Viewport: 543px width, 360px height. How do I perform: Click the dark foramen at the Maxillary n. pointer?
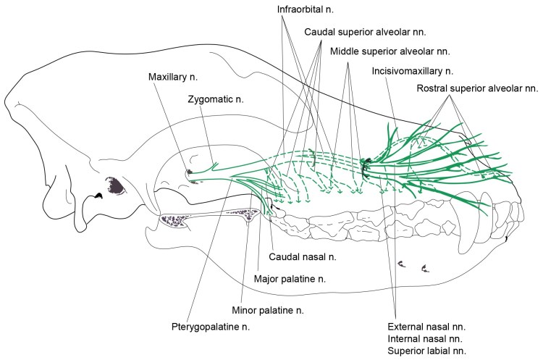tap(190, 172)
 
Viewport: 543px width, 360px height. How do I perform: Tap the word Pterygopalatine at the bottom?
tap(212, 328)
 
